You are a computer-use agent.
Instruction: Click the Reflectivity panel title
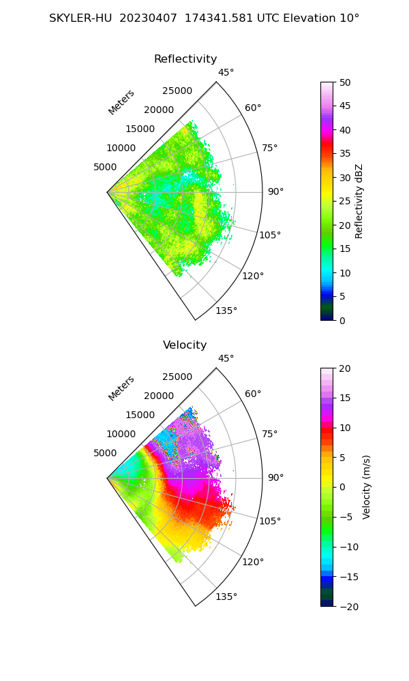tap(185, 59)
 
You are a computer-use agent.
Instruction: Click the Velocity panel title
tap(185, 345)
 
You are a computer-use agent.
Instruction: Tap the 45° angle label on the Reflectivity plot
tap(226, 73)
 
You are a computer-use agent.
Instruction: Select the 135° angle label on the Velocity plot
tap(226, 597)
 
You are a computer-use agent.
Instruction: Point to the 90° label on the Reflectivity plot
tap(275, 192)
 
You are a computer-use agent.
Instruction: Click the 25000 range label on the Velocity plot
tap(177, 377)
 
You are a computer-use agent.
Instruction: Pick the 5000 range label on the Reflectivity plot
tap(105, 167)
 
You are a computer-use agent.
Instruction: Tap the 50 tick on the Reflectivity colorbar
tap(346, 82)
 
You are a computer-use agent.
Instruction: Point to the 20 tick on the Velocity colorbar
tap(346, 368)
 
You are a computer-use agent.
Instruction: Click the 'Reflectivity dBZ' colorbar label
tap(359, 201)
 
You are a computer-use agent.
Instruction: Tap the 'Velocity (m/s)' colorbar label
tap(367, 487)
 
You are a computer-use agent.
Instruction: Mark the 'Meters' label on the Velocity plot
tap(121, 388)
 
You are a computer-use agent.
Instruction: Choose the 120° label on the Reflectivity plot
tap(253, 276)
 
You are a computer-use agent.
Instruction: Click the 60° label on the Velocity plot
tap(253, 394)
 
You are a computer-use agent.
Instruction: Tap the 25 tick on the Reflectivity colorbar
tap(346, 202)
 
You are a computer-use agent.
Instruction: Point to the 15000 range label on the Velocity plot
tap(139, 415)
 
